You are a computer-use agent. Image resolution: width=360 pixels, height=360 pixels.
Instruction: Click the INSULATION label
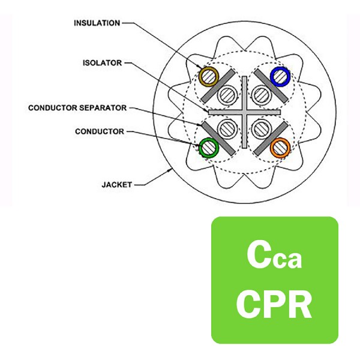pyautogui.click(x=97, y=23)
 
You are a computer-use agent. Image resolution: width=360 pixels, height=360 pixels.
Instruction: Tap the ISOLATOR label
pyautogui.click(x=102, y=62)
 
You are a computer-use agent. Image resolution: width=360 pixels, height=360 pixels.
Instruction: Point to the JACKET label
pyautogui.click(x=116, y=185)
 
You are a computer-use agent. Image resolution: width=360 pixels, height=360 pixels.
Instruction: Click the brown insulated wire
pyautogui.click(x=209, y=77)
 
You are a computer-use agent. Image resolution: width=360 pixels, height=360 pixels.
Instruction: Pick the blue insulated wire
pyautogui.click(x=280, y=76)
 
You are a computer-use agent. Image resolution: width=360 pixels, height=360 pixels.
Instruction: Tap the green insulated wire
pyautogui.click(x=209, y=148)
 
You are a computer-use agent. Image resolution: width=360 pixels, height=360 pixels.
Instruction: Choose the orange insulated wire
pyautogui.click(x=280, y=148)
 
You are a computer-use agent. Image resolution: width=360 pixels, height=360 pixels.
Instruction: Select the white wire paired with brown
pyautogui.click(x=227, y=95)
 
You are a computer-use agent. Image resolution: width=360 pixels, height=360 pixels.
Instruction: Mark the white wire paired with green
pyautogui.click(x=227, y=129)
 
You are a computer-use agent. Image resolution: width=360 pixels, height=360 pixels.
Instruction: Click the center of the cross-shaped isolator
pyautogui.click(x=245, y=112)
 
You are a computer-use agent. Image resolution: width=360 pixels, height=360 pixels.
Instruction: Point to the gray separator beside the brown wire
pyautogui.click(x=218, y=86)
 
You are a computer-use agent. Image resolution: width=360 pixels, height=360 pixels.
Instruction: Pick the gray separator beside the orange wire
pyautogui.click(x=271, y=139)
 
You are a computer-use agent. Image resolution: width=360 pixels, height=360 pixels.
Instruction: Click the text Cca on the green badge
pyautogui.click(x=274, y=256)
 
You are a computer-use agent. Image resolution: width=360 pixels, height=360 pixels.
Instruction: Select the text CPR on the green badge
pyautogui.click(x=274, y=304)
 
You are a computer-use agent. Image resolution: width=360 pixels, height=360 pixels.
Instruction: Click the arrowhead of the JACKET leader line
pyautogui.click(x=171, y=170)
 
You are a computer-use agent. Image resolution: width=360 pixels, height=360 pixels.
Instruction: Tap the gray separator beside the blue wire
pyautogui.click(x=271, y=86)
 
